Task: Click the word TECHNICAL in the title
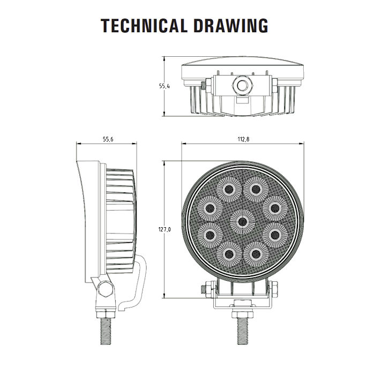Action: coord(144,25)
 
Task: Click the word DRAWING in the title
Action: coord(231,25)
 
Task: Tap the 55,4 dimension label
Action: coord(164,86)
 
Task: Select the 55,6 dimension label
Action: coord(108,139)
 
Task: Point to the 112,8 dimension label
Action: coord(243,139)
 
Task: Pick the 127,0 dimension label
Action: coord(164,230)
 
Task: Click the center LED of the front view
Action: coord(242,222)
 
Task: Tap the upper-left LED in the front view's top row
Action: coord(229,190)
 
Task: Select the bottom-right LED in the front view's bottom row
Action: coord(256,254)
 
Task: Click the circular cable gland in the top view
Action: coord(243,85)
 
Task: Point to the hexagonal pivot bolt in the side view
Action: coord(106,289)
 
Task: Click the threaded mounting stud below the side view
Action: coord(106,331)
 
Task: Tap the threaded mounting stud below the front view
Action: coord(242,331)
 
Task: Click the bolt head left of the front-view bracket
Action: coord(207,289)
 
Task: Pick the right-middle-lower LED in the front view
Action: coord(275,235)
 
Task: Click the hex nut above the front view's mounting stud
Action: coord(242,314)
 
